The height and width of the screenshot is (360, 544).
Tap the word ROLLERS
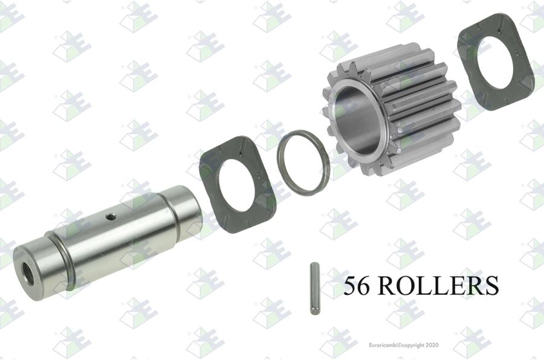point(438,285)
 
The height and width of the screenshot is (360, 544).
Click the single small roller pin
point(314,289)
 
